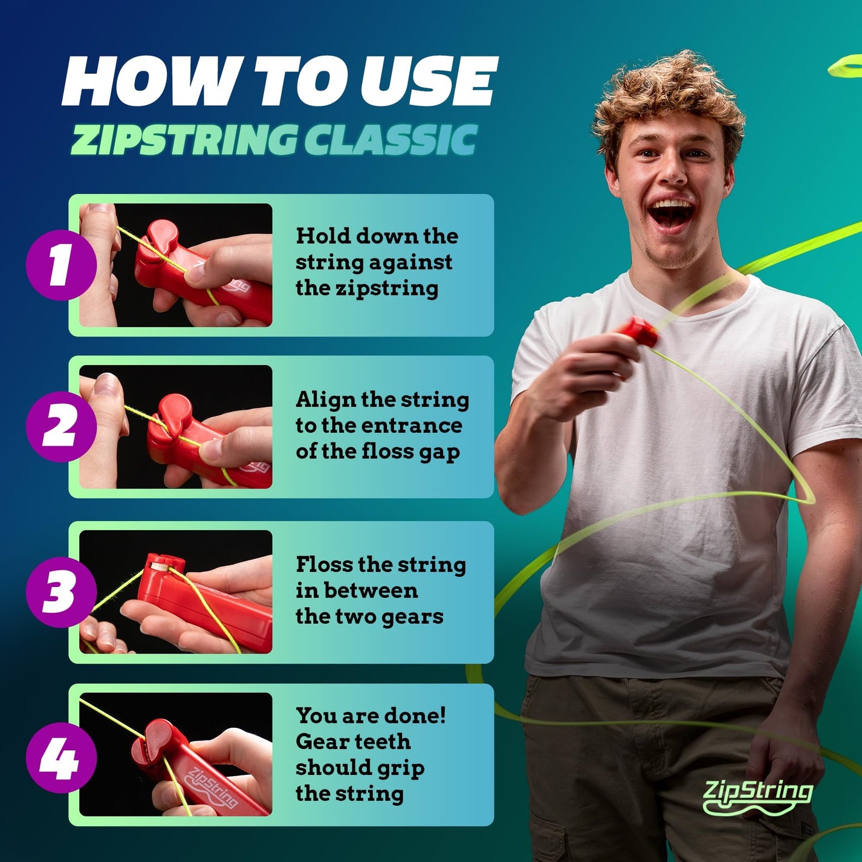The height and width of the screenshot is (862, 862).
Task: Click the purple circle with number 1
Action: pyautogui.click(x=61, y=264)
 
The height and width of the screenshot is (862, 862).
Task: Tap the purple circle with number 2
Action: pyautogui.click(x=61, y=427)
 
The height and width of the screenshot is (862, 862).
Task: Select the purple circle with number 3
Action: pyautogui.click(x=61, y=592)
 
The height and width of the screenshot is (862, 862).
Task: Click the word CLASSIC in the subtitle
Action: pyautogui.click(x=390, y=140)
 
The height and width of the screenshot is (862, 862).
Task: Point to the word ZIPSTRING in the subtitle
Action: pyautogui.click(x=184, y=140)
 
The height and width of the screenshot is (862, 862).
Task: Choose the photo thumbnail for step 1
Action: pyautogui.click(x=176, y=265)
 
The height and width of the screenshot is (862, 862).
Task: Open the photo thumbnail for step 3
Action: pyautogui.click(x=176, y=592)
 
